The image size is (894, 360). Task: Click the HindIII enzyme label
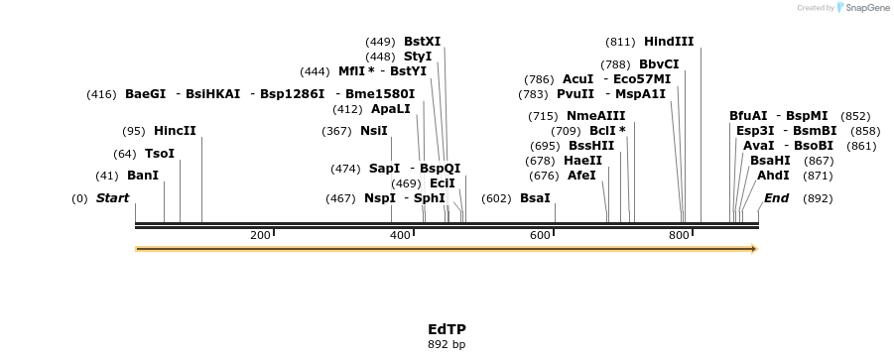point(669,42)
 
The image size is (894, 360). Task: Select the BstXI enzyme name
point(422,42)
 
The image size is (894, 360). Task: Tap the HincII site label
point(175,131)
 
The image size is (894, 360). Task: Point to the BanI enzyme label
point(143,176)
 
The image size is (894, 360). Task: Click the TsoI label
point(160,154)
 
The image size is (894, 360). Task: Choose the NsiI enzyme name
point(373,131)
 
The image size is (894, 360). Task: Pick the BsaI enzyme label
point(535,198)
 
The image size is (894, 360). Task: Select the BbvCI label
point(659,64)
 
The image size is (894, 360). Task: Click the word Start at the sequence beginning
point(112,198)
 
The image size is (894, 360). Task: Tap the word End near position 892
point(777,198)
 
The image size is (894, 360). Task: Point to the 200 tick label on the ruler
point(260,235)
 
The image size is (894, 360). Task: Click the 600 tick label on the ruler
point(540,235)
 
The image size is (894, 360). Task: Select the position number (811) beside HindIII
point(620,43)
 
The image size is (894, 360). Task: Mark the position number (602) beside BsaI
point(496,198)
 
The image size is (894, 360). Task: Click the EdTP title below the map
point(447,330)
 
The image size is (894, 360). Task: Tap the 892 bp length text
point(447,344)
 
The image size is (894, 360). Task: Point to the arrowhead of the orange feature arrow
point(755,249)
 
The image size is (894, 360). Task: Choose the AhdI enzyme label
point(773,176)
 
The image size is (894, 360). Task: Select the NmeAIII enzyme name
point(595,116)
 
